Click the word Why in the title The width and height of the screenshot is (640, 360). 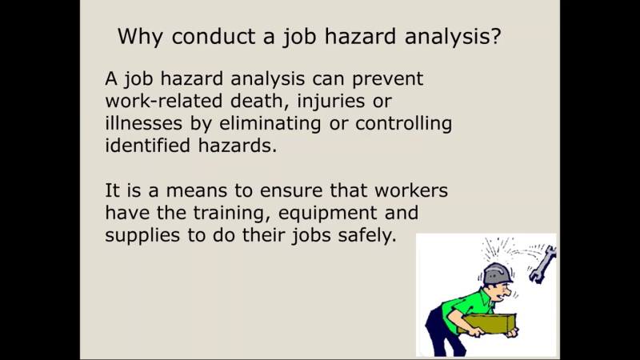(x=141, y=37)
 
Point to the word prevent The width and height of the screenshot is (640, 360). (x=387, y=79)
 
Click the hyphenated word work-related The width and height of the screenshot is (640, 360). (x=164, y=101)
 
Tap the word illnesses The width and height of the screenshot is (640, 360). (x=143, y=123)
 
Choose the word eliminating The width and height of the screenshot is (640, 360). (x=270, y=124)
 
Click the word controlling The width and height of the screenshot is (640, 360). (x=404, y=124)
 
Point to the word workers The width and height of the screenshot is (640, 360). (x=411, y=190)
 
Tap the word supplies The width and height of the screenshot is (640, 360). (x=142, y=236)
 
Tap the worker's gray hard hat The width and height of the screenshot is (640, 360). (x=497, y=274)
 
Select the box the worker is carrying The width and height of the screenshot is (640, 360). (x=488, y=324)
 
